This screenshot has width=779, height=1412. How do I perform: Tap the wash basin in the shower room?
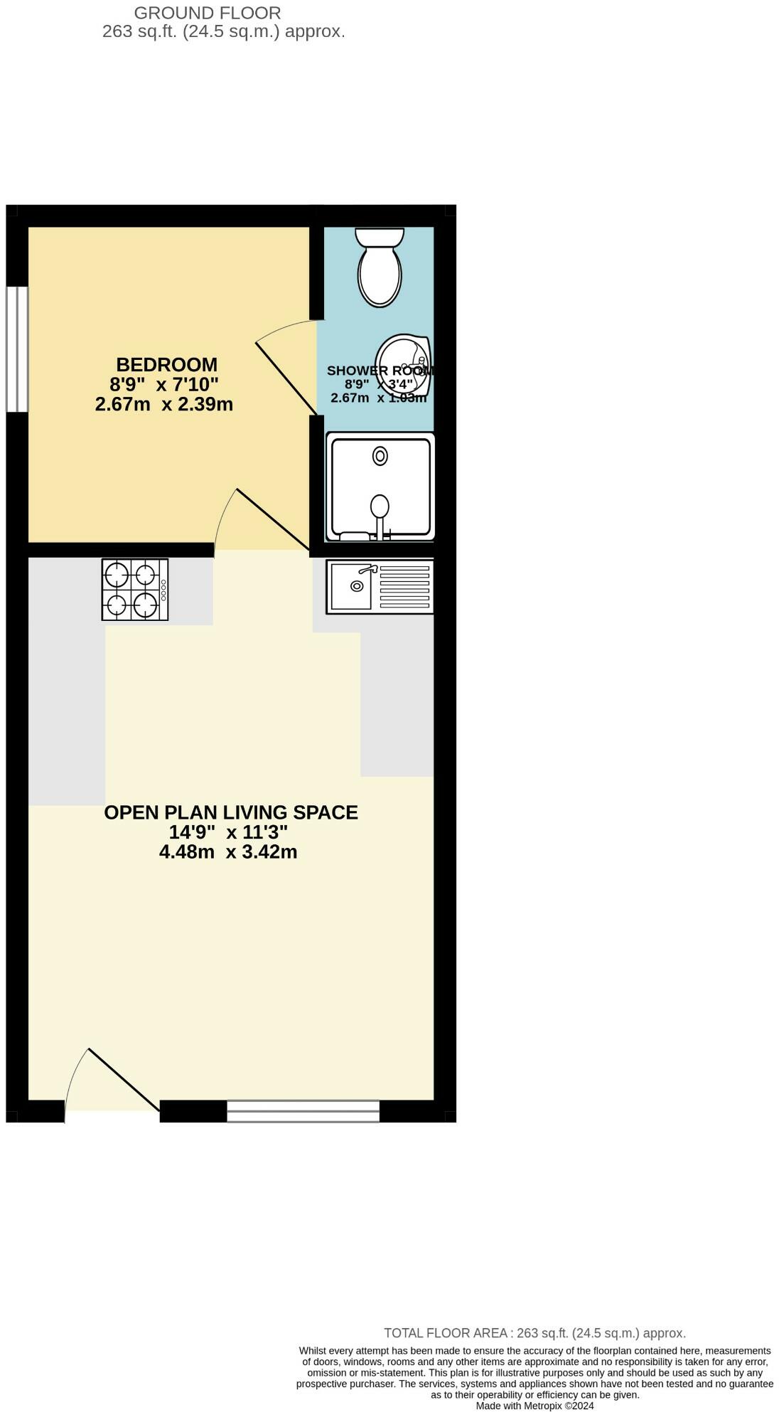point(403,364)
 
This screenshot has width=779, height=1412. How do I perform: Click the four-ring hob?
point(135,589)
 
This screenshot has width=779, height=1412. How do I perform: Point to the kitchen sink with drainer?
point(380,587)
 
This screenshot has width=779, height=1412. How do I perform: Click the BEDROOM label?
point(166,365)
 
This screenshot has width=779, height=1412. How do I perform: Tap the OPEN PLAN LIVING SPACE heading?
point(231,812)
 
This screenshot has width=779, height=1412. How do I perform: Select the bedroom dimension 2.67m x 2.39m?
point(164,405)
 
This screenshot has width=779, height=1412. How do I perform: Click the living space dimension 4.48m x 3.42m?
point(228,851)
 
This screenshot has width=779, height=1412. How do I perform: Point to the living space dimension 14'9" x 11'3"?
point(228,832)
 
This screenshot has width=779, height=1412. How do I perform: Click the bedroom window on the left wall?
point(17,349)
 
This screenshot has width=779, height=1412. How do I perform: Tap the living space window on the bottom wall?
point(303,1110)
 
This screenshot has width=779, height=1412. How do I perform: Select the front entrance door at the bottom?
point(114,1081)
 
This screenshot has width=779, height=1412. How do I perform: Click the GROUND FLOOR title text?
point(208,13)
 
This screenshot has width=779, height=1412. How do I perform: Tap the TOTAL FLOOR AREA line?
point(534,1333)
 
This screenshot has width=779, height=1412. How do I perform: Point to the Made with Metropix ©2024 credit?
point(534,1406)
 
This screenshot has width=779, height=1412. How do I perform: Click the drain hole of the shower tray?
point(380,456)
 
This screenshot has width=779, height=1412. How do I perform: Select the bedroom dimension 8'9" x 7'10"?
point(164,385)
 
